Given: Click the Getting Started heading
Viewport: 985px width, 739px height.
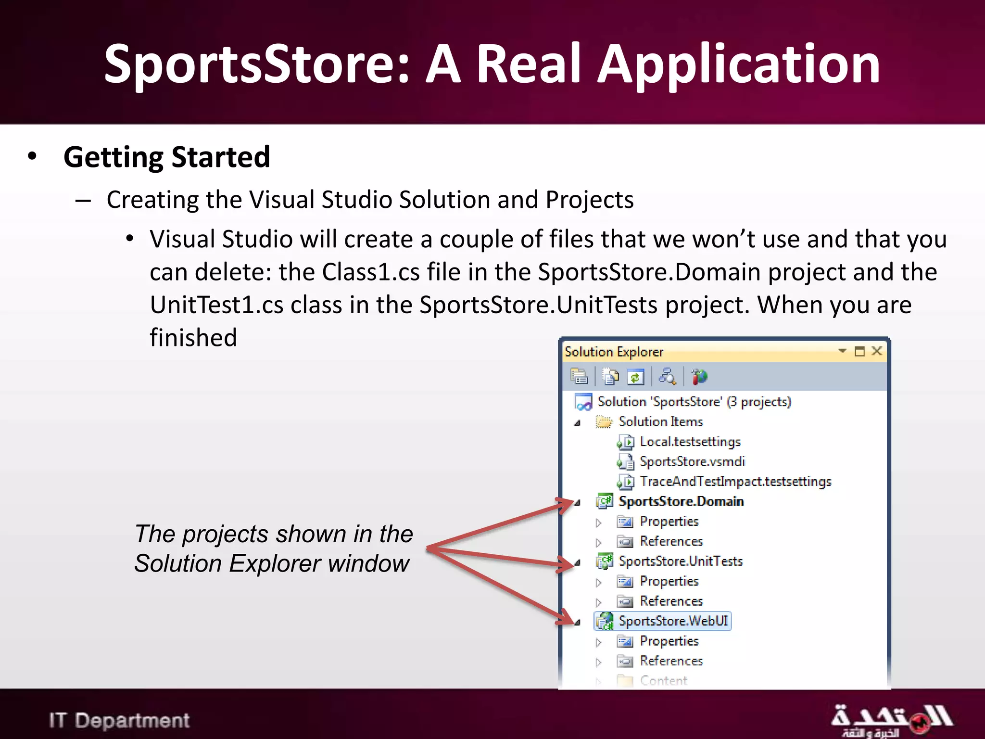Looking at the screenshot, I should pos(166,157).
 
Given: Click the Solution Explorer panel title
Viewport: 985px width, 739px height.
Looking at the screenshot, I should pos(614,352).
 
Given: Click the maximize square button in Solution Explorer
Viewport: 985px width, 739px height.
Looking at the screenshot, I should pos(859,351).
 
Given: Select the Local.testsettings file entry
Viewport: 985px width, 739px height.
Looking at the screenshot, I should pos(690,442).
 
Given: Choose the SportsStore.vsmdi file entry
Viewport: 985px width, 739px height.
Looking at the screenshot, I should pos(692,462).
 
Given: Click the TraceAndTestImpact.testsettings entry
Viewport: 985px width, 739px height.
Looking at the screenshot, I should pos(735,482).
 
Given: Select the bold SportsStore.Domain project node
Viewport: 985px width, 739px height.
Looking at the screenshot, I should pos(681,502).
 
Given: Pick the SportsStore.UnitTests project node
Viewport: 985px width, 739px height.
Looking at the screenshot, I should pos(680,561).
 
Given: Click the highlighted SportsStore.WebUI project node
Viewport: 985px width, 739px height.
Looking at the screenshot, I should pos(673,621).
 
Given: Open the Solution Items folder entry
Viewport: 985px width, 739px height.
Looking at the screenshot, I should pos(660,422).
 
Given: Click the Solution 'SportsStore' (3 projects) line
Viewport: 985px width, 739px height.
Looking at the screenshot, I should pos(694,402).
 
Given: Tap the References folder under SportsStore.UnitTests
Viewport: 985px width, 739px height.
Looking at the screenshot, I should pos(671,601).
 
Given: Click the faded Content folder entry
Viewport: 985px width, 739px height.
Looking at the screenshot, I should pos(663,681).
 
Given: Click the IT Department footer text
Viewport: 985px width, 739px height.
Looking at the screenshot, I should pos(119,721).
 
